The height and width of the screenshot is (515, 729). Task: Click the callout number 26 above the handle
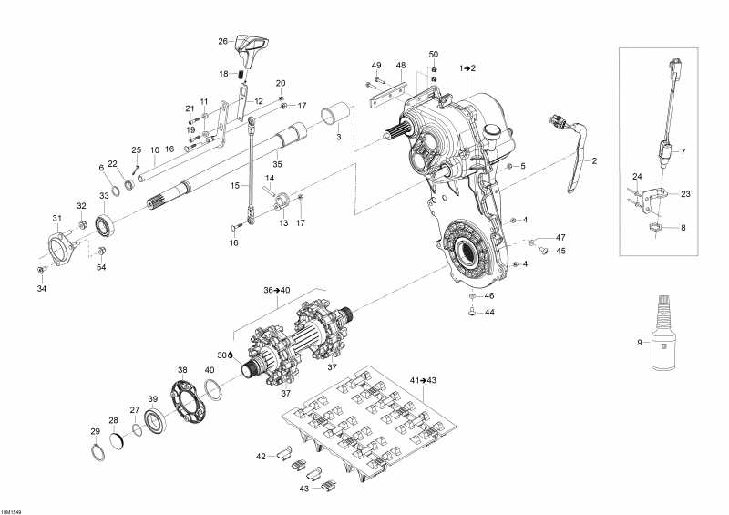pos(222,41)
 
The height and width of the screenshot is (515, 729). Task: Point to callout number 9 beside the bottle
pos(641,343)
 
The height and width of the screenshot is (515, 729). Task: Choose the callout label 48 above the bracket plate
pos(400,65)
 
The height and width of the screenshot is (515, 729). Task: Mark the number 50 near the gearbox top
pos(434,55)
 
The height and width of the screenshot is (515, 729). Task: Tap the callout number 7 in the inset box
pos(684,150)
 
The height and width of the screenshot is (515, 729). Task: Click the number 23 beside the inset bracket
pos(686,193)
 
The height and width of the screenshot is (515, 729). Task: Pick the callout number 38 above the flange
pos(182,370)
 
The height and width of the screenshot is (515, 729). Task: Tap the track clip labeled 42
pos(283,451)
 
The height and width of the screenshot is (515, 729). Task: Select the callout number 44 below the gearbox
pos(488,312)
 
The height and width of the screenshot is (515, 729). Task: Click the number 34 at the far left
pos(40,289)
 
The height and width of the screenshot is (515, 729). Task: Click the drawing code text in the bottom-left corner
pos(13,510)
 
